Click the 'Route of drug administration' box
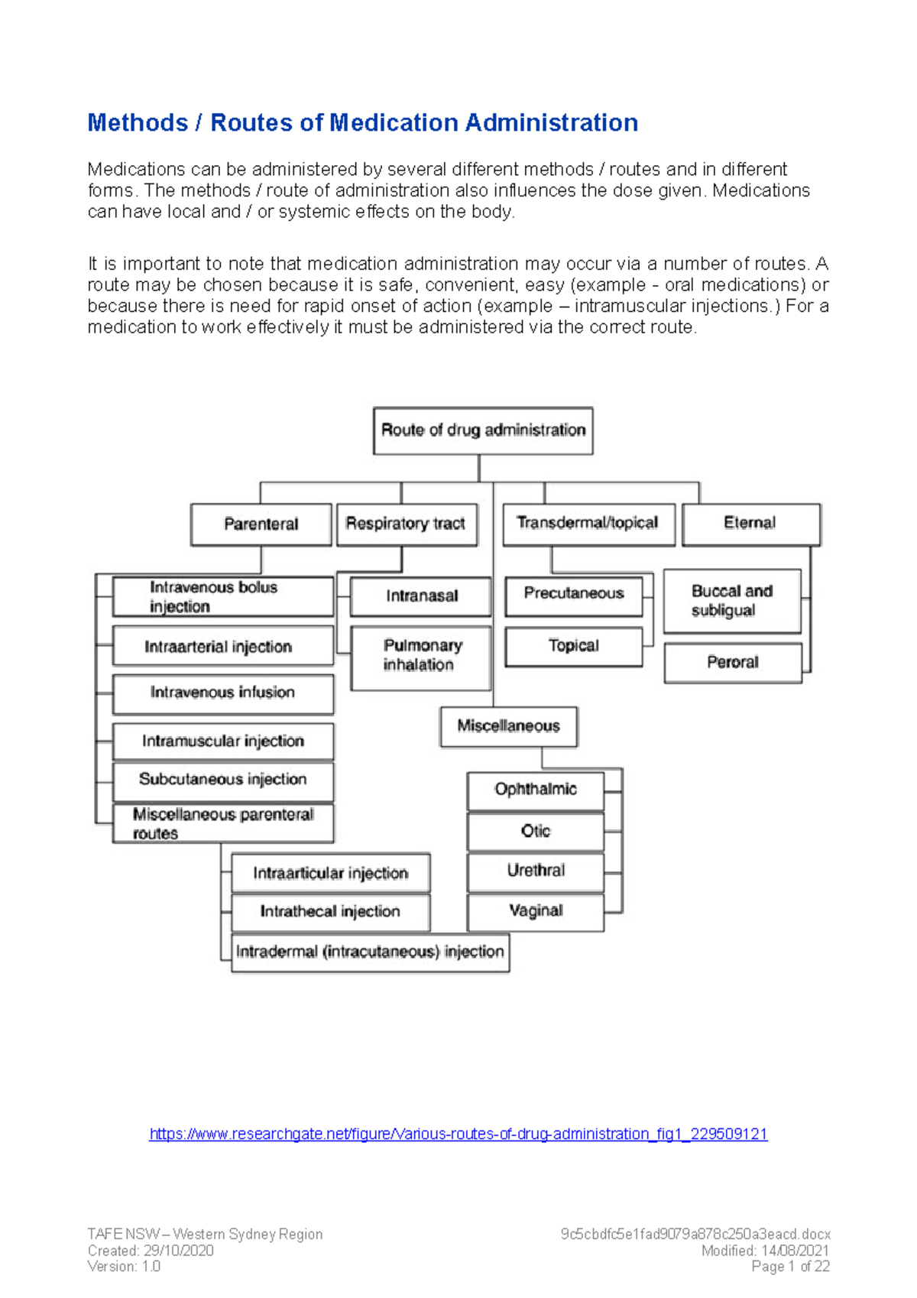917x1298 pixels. [483, 430]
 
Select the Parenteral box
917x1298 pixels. [261, 524]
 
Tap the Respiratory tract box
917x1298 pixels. [407, 524]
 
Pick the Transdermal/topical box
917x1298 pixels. [588, 524]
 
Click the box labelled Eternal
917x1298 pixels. [750, 524]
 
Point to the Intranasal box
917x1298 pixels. [420, 596]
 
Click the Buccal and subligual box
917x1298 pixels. [732, 602]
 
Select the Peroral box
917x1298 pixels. [733, 663]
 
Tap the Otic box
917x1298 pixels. [536, 832]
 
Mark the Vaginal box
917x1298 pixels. [536, 911]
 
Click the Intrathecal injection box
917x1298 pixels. [330, 912]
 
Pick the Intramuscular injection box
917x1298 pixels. [223, 741]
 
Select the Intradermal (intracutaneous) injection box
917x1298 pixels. [370, 952]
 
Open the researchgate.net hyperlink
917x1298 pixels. [458, 1134]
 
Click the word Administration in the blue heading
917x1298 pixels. [552, 123]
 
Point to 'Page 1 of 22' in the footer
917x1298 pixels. [790, 1267]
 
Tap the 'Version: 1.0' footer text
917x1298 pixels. [124, 1267]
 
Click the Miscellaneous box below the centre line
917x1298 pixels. [509, 726]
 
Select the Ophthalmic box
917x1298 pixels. [536, 790]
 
